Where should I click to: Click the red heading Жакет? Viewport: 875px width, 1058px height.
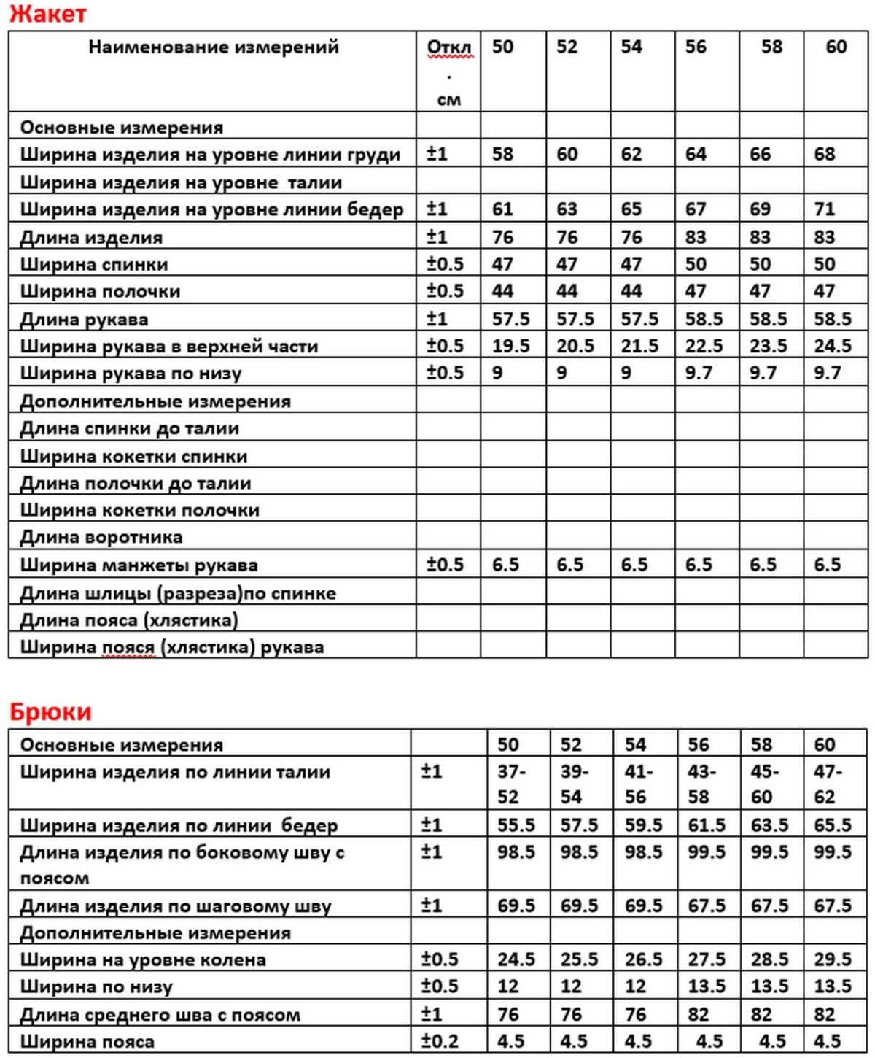point(48,13)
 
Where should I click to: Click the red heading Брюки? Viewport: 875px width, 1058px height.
point(51,711)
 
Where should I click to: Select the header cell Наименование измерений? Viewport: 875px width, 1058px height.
point(214,47)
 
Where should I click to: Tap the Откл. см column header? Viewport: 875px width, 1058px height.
point(448,72)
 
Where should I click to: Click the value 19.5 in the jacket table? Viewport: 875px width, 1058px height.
point(510,346)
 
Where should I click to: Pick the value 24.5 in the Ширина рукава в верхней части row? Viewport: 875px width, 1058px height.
point(833,346)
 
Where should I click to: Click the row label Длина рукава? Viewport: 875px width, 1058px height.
point(84,319)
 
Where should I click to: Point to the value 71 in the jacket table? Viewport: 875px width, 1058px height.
point(825,209)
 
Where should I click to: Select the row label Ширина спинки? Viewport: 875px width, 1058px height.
point(94,264)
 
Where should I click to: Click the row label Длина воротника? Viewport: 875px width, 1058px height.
point(101,538)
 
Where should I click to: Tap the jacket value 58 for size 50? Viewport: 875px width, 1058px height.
point(502,154)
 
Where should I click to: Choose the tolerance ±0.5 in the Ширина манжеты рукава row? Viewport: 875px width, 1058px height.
point(445,565)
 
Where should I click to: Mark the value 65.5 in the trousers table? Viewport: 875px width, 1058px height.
point(833,825)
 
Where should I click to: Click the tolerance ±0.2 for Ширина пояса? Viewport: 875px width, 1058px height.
point(440,1040)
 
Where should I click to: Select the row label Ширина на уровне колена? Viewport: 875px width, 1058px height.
point(143,959)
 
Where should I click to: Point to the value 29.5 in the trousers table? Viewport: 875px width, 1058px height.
point(833,959)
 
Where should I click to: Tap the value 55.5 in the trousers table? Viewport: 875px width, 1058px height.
point(516,825)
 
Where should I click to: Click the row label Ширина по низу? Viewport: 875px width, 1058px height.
point(96,987)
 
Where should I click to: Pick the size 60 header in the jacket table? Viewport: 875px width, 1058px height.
point(836,47)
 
